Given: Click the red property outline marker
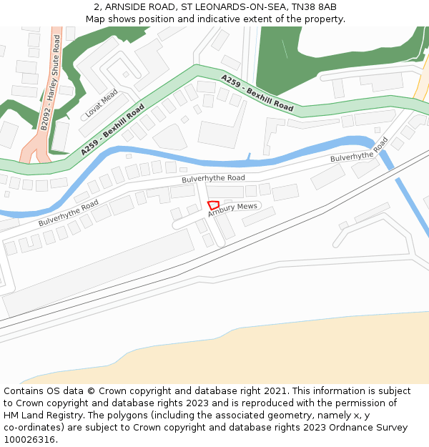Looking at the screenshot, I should (213, 205).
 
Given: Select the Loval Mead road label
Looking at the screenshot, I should (101, 104).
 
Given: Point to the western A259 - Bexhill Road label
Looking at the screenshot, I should (112, 130).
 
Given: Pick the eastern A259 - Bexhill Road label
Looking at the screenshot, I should (257, 93).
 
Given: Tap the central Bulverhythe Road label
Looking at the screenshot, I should (213, 178).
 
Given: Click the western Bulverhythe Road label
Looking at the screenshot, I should (69, 213).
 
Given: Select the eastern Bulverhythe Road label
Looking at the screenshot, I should (359, 149).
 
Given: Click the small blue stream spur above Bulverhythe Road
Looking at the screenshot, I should (249, 157).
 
